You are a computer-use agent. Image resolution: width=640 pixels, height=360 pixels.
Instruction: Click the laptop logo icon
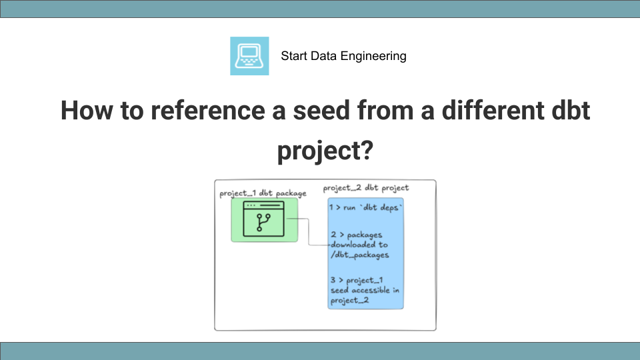point(249,56)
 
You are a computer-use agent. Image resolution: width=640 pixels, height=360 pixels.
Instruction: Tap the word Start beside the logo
point(294,56)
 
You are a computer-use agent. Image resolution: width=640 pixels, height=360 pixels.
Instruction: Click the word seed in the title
point(321,111)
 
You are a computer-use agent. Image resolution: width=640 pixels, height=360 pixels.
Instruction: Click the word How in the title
point(85,111)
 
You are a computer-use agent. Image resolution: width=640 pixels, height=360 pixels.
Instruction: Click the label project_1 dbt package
point(263,193)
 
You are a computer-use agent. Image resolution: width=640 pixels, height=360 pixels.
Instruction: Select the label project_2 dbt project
point(366,188)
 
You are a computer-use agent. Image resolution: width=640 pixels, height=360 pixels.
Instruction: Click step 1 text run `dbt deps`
point(366,208)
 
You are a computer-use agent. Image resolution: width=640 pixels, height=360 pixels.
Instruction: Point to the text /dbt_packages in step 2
point(359,255)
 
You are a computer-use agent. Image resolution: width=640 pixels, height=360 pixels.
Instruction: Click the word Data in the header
point(325,56)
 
